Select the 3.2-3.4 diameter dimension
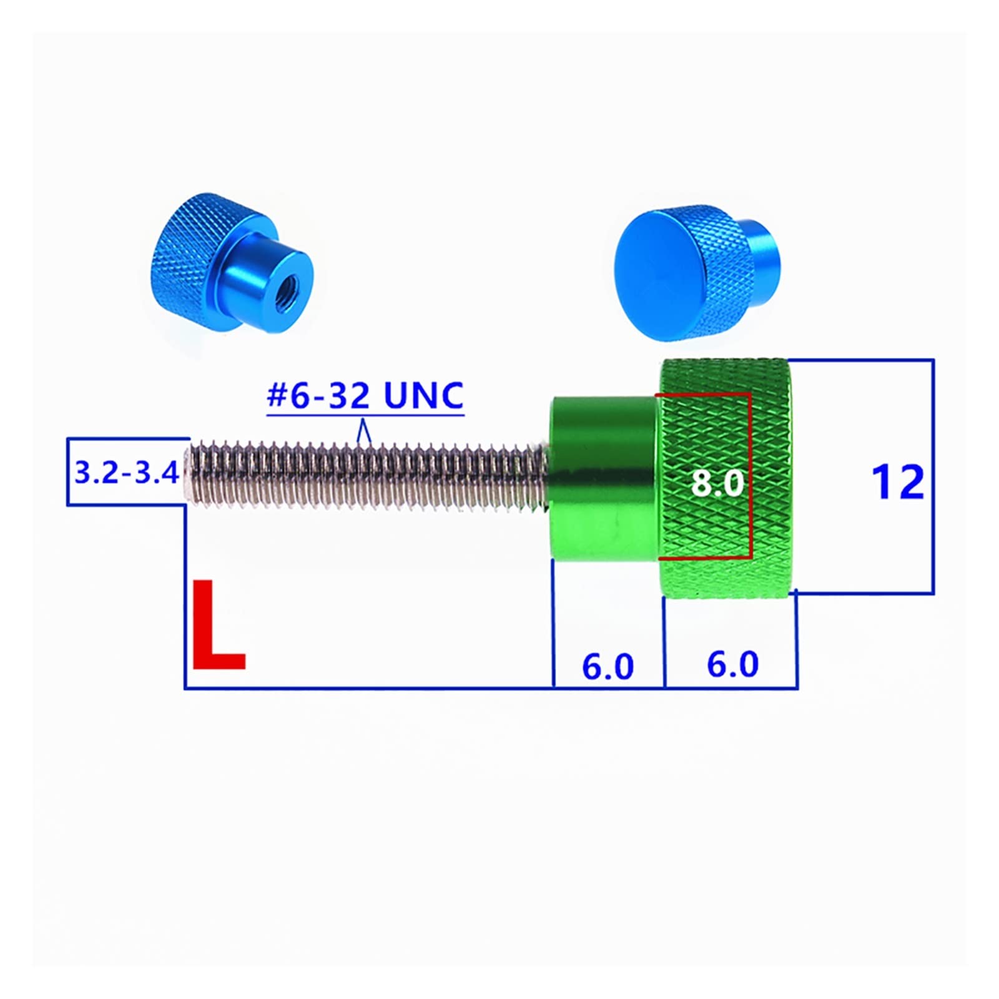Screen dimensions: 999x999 pyautogui.click(x=127, y=472)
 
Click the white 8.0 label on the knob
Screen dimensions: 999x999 pyautogui.click(x=717, y=483)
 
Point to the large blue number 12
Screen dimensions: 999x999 pyautogui.click(x=897, y=482)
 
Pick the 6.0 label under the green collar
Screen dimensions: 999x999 pyautogui.click(x=608, y=666)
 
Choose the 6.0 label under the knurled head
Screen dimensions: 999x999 pyautogui.click(x=732, y=664)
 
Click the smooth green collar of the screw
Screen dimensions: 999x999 pyautogui.click(x=603, y=478)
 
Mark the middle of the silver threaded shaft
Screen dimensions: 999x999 pyautogui.click(x=368, y=473)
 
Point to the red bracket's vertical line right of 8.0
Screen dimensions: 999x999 pyautogui.click(x=750, y=475)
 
